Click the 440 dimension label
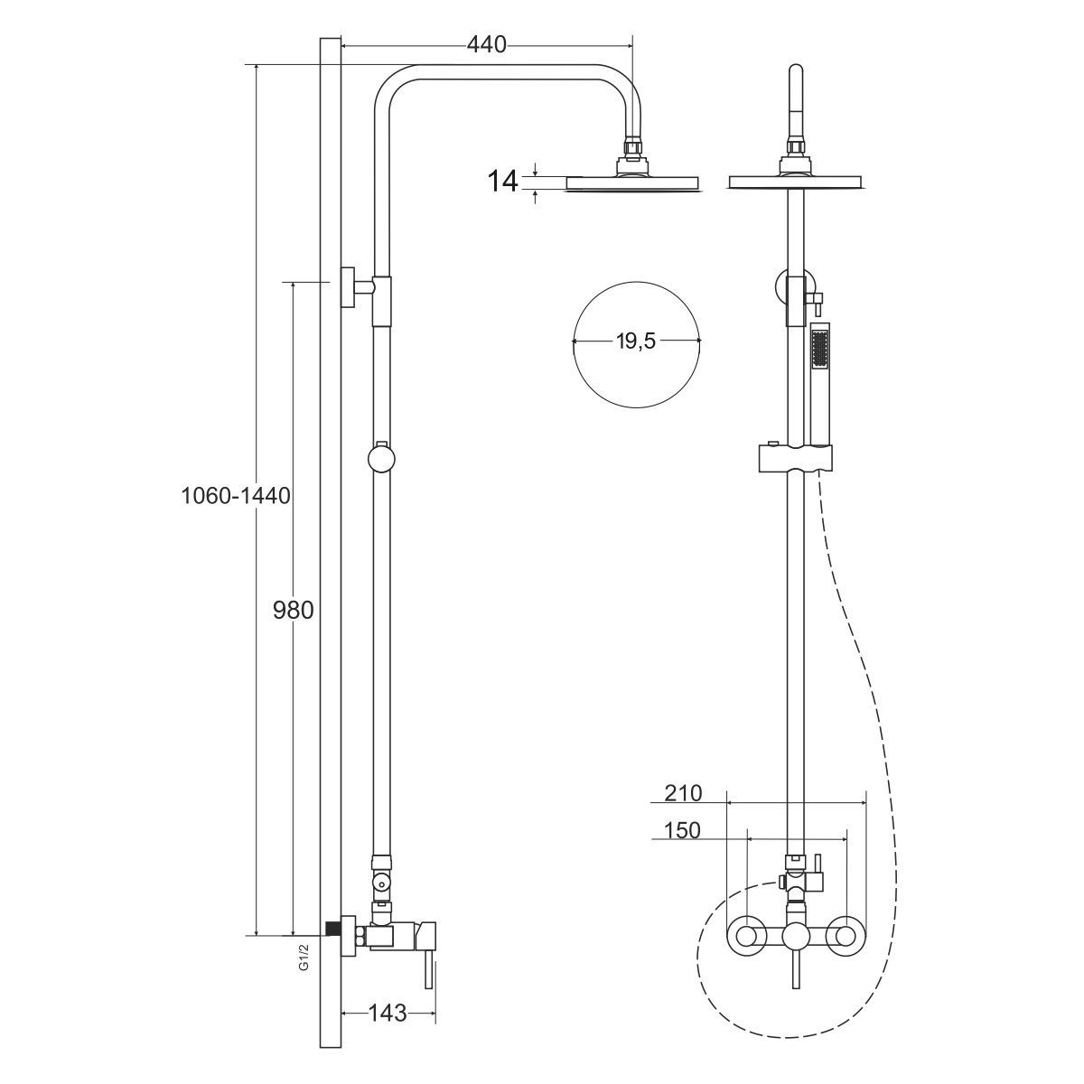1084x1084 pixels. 487,45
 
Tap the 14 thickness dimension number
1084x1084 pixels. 502,182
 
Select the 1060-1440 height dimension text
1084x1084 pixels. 236,496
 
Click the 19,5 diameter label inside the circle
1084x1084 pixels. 636,341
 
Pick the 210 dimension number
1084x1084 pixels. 683,793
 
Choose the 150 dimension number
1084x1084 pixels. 682,830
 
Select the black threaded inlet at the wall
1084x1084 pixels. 334,936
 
